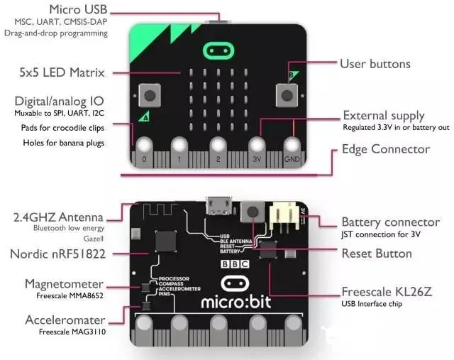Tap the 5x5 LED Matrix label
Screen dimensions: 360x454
(62, 72)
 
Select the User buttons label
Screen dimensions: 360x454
(375, 64)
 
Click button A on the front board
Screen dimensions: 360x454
(150, 94)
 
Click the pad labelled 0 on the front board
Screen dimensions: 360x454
(145, 148)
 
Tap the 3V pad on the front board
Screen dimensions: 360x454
(258, 148)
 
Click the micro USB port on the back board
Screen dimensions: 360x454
(218, 207)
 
